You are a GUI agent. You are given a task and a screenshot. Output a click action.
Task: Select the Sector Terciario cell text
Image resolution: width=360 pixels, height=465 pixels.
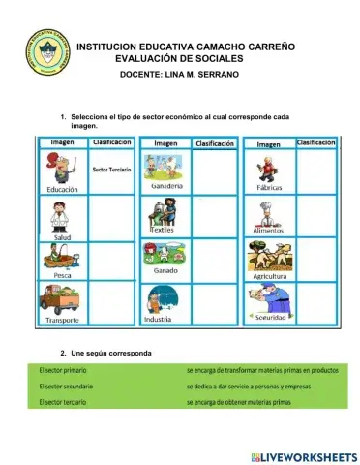point(112,169)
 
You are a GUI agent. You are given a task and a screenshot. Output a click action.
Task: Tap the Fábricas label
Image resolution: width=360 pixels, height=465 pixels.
point(270,186)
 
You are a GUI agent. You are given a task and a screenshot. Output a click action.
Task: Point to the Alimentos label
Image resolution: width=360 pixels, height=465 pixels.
point(270,231)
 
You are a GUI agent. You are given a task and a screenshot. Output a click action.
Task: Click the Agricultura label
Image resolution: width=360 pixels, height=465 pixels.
point(271,276)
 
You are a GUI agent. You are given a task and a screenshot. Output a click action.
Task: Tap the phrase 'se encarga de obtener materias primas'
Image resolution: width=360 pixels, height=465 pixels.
point(236,401)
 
